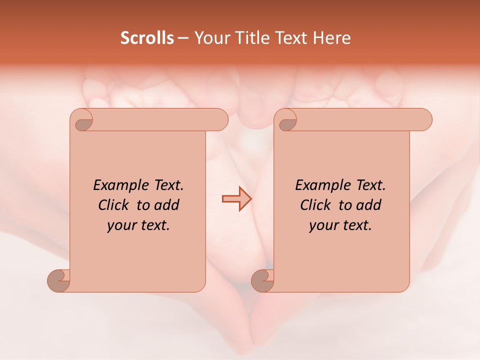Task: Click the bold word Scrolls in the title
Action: point(147,38)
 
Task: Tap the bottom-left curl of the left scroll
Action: point(59,280)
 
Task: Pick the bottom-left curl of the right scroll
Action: point(262,280)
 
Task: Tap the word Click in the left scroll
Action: point(114,205)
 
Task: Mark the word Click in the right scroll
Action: point(315,205)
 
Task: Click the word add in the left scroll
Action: point(167,205)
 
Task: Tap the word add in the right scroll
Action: point(369,205)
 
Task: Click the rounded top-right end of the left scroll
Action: point(220,119)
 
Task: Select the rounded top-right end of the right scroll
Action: point(424,119)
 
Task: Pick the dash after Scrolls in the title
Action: point(183,38)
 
